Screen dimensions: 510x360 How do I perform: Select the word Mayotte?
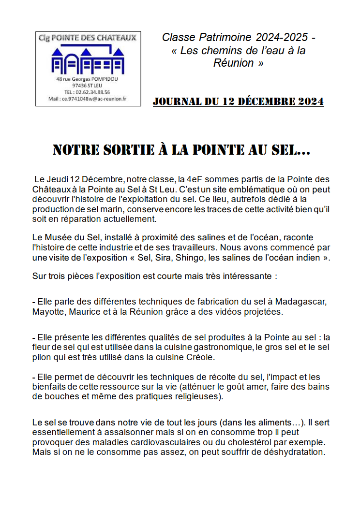[x=48, y=312]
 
